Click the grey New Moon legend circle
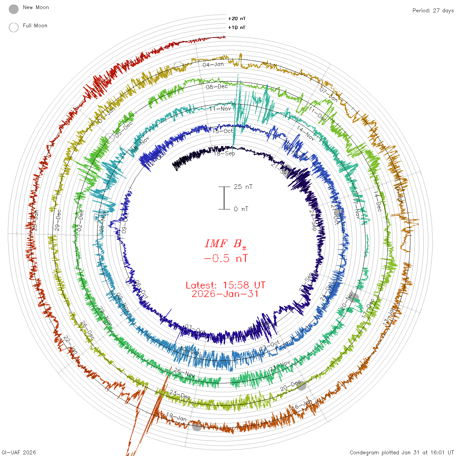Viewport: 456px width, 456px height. (x=14, y=9)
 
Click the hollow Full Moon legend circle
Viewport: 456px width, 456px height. (x=14, y=27)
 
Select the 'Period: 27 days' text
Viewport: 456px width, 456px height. (x=433, y=10)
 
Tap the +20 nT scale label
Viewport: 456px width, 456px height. (x=237, y=19)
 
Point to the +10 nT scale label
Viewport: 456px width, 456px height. (x=237, y=27)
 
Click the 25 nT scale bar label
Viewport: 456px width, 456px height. (x=243, y=187)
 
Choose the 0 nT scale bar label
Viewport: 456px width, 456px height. (x=241, y=209)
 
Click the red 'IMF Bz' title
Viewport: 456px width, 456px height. (x=225, y=244)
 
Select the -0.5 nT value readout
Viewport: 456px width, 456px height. (x=225, y=259)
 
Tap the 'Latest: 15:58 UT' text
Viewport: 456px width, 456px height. (x=225, y=285)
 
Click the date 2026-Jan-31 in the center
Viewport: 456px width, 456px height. (x=225, y=294)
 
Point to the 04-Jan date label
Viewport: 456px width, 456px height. (x=213, y=64)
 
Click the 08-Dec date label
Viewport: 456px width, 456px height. (x=217, y=87)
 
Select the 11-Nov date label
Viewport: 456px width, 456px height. (x=220, y=109)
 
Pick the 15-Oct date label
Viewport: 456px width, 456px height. (x=223, y=131)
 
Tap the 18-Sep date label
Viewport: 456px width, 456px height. (x=225, y=153)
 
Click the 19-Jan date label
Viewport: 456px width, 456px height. (x=176, y=417)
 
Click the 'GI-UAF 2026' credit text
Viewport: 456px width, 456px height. (x=19, y=452)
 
